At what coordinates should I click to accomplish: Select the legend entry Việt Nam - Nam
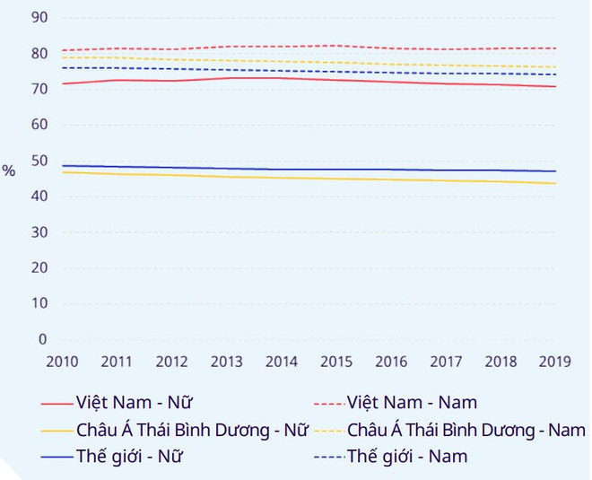(x=412, y=402)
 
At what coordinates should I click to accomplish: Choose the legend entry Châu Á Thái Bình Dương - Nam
(x=466, y=430)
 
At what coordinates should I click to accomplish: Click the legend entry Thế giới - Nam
(x=407, y=457)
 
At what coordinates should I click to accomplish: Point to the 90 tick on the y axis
(x=39, y=18)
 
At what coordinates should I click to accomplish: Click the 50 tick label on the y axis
(x=39, y=161)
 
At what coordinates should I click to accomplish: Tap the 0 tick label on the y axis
(x=43, y=339)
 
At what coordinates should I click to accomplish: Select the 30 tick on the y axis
(x=39, y=232)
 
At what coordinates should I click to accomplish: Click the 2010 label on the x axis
(x=62, y=362)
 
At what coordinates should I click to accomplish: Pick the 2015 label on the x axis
(x=336, y=362)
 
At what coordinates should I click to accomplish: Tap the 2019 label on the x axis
(x=556, y=362)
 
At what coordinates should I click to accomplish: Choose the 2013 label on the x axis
(x=227, y=362)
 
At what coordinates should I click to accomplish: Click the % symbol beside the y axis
(x=9, y=170)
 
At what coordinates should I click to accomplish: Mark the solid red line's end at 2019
(x=556, y=87)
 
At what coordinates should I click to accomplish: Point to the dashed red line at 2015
(x=336, y=46)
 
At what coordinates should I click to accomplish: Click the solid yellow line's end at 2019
(x=556, y=184)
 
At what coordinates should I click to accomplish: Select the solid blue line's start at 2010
(x=62, y=166)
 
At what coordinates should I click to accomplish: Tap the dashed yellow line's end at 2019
(x=556, y=67)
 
